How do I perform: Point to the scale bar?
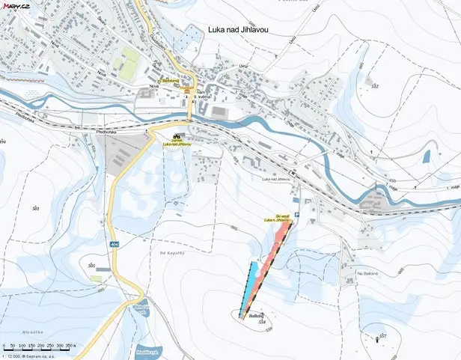tap(42, 346)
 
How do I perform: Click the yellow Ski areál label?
tap(278, 219)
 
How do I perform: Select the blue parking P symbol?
tap(297, 215)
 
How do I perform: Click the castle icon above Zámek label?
tap(177, 135)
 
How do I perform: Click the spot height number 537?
tap(382, 335)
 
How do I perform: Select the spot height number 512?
tap(375, 87)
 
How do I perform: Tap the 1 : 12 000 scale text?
tap(16, 355)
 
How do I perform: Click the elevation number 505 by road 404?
tap(91, 266)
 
